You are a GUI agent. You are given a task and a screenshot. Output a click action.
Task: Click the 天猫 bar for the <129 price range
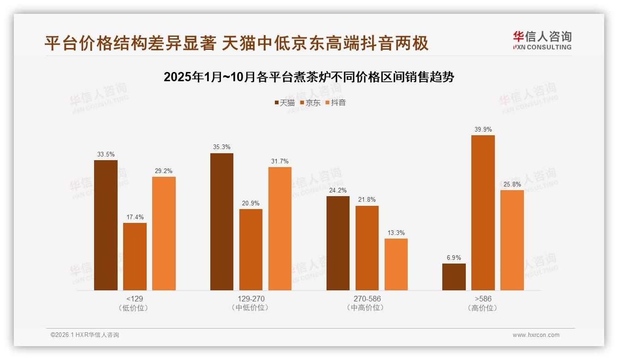pyautogui.click(x=106, y=225)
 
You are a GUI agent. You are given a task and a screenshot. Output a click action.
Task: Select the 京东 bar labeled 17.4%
pyautogui.click(x=135, y=257)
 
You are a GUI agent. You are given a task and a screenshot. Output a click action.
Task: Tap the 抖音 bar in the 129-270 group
pyautogui.click(x=280, y=228)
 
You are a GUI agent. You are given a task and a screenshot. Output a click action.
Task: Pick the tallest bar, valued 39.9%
pyautogui.click(x=483, y=213)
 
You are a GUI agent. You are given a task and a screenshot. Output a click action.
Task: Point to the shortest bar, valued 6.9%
pyautogui.click(x=454, y=277)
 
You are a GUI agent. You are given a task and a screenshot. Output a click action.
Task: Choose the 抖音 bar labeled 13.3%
pyautogui.click(x=396, y=264)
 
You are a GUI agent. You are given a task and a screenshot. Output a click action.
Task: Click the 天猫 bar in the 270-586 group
pyautogui.click(x=338, y=243)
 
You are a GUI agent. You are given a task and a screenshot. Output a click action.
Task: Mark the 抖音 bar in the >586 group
pyautogui.click(x=512, y=240)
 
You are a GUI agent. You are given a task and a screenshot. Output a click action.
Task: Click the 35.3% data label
pyautogui.click(x=222, y=147)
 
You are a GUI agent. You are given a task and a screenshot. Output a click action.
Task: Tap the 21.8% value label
pyautogui.click(x=367, y=200)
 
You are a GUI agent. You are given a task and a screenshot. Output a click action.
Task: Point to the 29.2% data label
pyautogui.click(x=164, y=171)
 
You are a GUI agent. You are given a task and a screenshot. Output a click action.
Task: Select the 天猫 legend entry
pyautogui.click(x=285, y=102)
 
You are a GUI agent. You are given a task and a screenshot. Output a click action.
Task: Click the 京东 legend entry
pyautogui.click(x=310, y=102)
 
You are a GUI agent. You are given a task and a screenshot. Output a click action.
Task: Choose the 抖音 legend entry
pyautogui.click(x=336, y=102)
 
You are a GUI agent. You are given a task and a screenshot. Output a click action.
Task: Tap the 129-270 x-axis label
pyautogui.click(x=251, y=299)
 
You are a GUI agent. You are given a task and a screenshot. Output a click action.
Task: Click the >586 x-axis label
pyautogui.click(x=483, y=299)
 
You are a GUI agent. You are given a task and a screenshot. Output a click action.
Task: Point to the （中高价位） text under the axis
pyautogui.click(x=367, y=308)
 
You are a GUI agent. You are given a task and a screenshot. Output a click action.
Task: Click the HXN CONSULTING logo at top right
pyautogui.click(x=542, y=41)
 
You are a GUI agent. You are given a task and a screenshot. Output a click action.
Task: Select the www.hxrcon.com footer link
pyautogui.click(x=536, y=335)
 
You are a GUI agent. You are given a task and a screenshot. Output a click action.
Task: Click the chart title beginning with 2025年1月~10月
pyautogui.click(x=309, y=77)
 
